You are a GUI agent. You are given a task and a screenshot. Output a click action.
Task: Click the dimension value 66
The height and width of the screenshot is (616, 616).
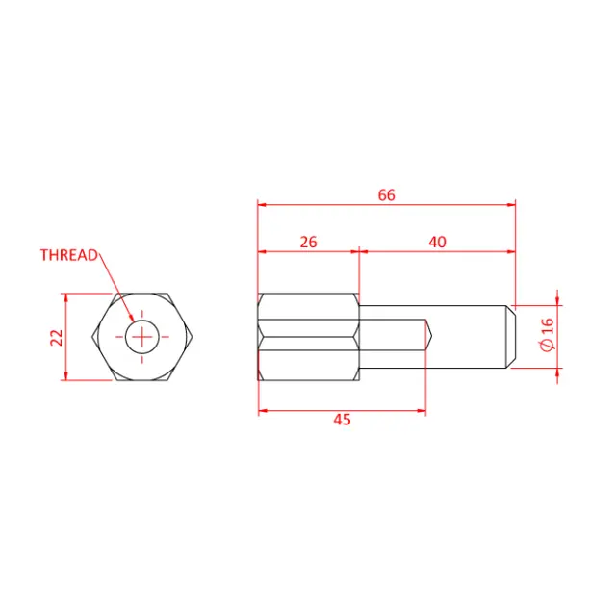[386, 194]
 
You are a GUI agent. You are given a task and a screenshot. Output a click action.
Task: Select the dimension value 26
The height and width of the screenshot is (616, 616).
[308, 243]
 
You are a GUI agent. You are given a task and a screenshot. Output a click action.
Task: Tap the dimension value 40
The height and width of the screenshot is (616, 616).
[437, 243]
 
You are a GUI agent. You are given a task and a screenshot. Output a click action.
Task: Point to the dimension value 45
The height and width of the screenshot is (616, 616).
[342, 420]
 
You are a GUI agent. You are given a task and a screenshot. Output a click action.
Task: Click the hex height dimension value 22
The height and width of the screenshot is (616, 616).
[56, 336]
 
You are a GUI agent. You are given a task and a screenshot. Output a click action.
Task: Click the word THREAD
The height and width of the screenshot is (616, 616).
[68, 255]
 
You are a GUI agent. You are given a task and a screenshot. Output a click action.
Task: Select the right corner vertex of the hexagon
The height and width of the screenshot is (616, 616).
[194, 336]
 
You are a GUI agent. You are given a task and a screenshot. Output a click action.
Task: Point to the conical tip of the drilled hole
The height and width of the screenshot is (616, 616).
[429, 336]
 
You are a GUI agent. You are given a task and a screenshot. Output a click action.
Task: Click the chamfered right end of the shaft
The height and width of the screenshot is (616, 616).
[512, 336]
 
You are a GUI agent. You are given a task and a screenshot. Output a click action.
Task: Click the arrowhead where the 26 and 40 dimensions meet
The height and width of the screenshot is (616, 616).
[358, 252]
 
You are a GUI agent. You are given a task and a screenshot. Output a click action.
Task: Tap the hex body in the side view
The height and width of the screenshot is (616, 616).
[308, 336]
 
